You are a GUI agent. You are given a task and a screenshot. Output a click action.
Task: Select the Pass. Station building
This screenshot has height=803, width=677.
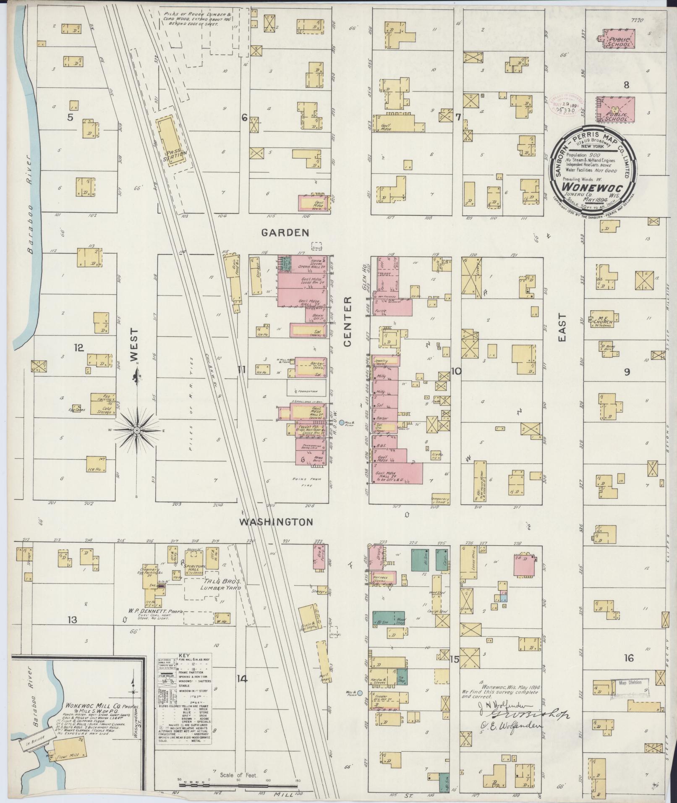coord(171,142)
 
